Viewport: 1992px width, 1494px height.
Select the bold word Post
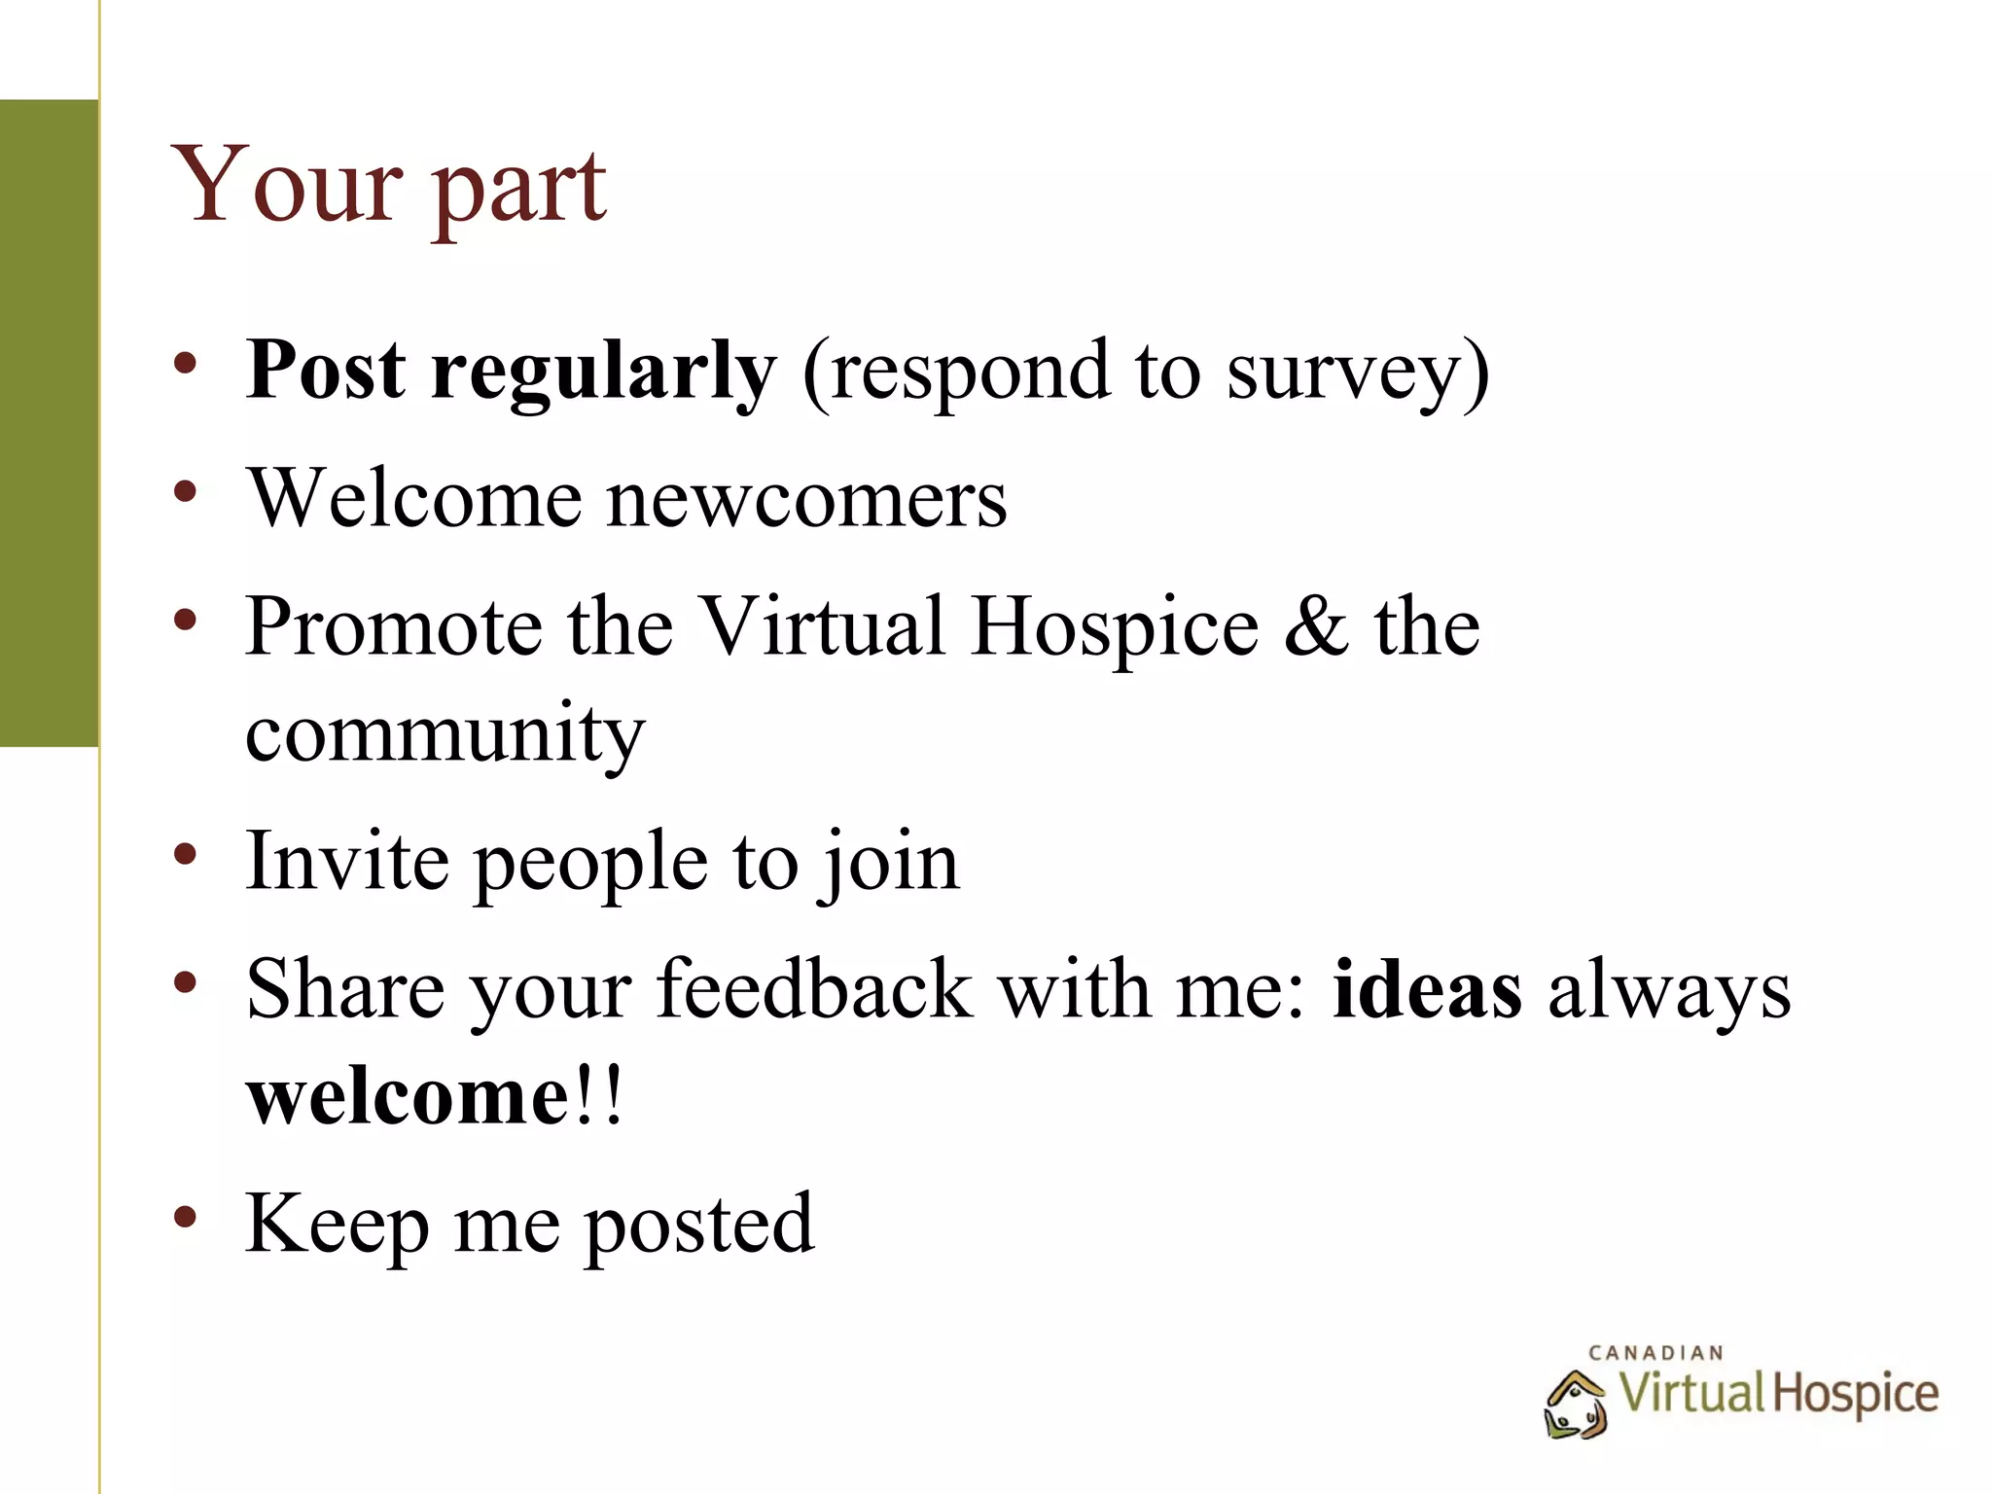pos(325,371)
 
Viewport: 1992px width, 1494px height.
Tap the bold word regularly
pos(603,374)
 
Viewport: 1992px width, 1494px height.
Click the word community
pos(445,734)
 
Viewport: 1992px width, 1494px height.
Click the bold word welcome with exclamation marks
pos(433,1096)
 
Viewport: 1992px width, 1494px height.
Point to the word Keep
pos(337,1225)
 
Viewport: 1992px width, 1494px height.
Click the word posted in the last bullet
pos(697,1227)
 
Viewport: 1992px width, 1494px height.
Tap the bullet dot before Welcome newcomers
pos(186,490)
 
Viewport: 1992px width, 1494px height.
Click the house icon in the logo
pos(1575,1404)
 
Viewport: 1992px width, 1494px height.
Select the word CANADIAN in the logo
pos(1655,1353)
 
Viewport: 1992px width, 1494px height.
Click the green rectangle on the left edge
pos(49,423)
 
